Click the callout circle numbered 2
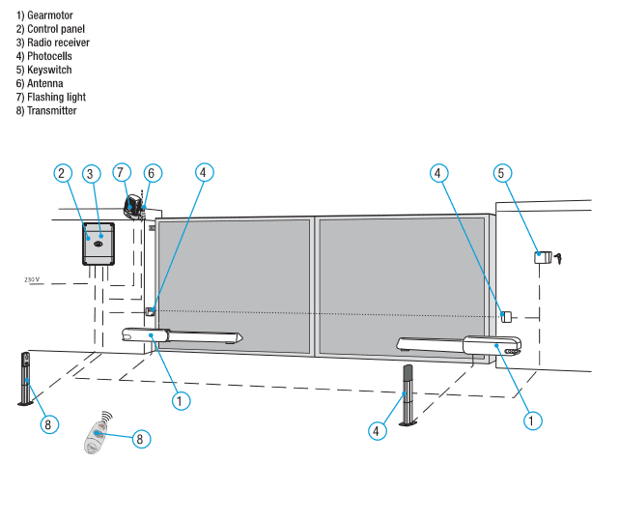[62, 173]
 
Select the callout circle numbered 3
[91, 174]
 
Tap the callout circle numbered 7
[121, 172]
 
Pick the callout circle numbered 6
[151, 172]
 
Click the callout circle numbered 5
[500, 173]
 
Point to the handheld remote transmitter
[98, 435]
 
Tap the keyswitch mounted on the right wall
[543, 257]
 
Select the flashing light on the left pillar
[132, 206]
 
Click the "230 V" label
[35, 279]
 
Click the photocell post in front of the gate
[408, 394]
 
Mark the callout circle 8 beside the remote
[141, 439]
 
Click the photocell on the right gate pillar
[505, 316]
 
